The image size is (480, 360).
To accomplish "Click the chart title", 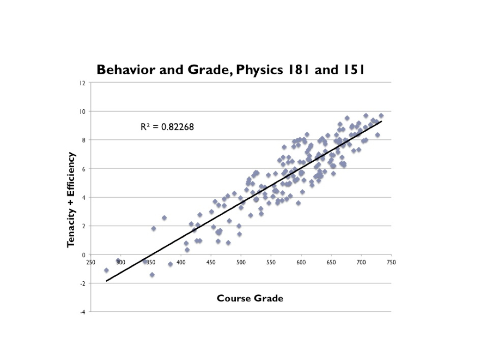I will [x=231, y=70].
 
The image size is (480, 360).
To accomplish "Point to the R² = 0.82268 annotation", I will [x=167, y=127].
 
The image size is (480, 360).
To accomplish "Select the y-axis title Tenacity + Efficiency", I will [x=71, y=200].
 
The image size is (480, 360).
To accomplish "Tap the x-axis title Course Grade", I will [x=250, y=299].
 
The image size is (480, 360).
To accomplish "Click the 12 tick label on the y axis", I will [x=82, y=83].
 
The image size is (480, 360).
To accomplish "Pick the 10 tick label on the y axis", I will [x=82, y=112].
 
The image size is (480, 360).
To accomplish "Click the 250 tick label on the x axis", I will [x=91, y=262].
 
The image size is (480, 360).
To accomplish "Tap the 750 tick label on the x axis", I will [x=391, y=262].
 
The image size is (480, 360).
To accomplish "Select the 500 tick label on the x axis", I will [x=241, y=262].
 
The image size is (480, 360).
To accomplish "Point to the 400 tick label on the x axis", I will [x=181, y=262].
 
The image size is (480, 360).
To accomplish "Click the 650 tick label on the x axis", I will [x=331, y=262].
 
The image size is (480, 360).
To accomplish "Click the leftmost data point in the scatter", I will [x=106, y=270].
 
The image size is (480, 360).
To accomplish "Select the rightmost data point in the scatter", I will [x=381, y=116].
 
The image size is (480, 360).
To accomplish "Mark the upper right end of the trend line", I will [x=382, y=121].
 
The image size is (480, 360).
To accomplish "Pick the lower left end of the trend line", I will [x=107, y=281].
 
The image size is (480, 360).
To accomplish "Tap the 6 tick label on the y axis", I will [x=84, y=169].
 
